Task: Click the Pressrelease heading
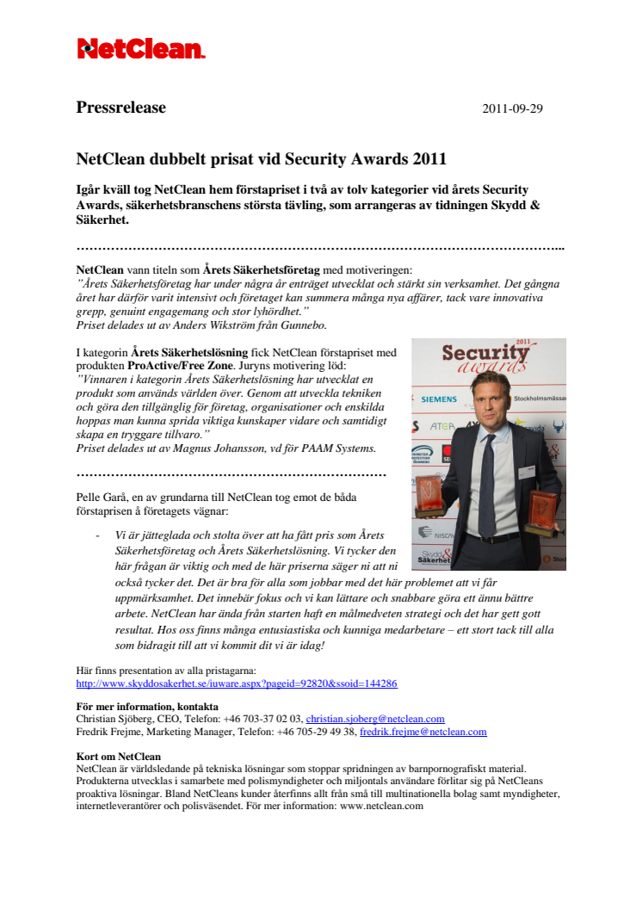(x=121, y=108)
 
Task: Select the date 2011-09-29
(x=512, y=109)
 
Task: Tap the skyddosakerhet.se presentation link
(x=237, y=683)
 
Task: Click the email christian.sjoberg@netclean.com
(x=375, y=719)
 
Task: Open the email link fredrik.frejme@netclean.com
(x=423, y=732)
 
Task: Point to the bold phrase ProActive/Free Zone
(x=176, y=364)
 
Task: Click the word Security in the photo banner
(x=485, y=355)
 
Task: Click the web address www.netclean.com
(x=383, y=807)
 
